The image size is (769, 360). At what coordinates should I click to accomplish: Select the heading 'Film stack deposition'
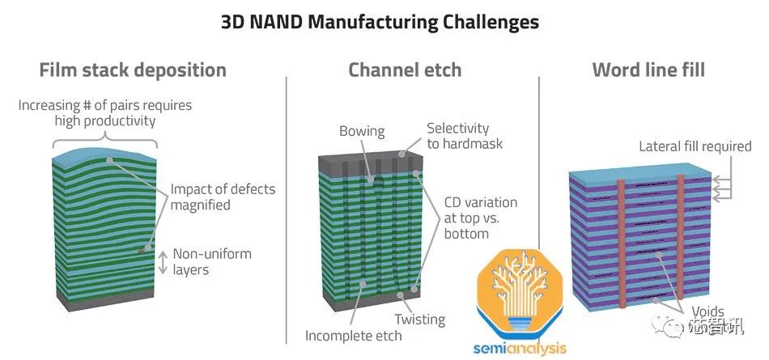[133, 70]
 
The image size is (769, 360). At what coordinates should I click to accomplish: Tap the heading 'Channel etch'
[405, 70]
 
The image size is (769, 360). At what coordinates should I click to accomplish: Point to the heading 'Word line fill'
[648, 70]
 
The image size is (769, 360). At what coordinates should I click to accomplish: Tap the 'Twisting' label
[420, 319]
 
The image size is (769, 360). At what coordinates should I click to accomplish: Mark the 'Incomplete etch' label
[353, 335]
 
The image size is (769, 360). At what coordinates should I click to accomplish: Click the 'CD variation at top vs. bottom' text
[480, 218]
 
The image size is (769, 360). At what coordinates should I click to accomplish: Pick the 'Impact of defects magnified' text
[223, 197]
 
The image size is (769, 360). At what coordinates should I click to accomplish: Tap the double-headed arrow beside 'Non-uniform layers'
[162, 261]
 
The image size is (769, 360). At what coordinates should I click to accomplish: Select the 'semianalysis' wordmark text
[520, 349]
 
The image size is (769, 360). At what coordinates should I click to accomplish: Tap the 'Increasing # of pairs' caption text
[105, 113]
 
